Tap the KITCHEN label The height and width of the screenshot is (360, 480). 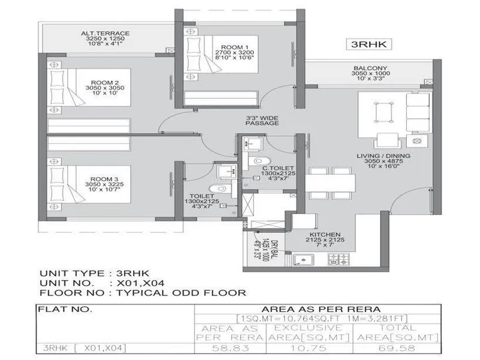click(x=325, y=234)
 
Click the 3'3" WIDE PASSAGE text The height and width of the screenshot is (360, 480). click(x=262, y=119)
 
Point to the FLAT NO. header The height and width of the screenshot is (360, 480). click(x=65, y=310)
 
